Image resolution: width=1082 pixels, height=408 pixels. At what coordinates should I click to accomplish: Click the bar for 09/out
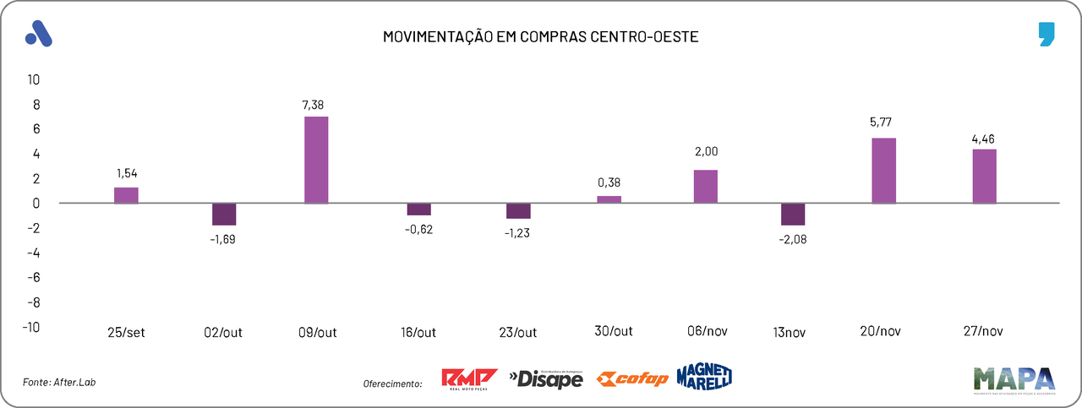coord(316,160)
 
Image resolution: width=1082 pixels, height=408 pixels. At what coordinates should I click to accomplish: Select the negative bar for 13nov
coord(793,215)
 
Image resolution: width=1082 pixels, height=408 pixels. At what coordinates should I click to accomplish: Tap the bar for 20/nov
coord(883,171)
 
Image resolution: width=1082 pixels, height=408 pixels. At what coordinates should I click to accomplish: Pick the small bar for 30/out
coord(609,199)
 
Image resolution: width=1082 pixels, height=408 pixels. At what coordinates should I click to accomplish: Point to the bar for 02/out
coord(224,215)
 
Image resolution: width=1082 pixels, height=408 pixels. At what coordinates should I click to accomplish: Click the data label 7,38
coord(313,105)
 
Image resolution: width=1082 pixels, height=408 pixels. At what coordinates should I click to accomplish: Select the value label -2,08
coord(794,239)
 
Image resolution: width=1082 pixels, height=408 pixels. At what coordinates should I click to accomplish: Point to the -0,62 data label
coord(418,229)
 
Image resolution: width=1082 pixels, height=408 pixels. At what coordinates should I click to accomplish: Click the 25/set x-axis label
coord(127,333)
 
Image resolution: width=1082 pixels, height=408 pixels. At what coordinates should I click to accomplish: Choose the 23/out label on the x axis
coord(517,333)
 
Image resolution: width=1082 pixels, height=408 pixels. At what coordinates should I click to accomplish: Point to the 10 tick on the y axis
coord(34,80)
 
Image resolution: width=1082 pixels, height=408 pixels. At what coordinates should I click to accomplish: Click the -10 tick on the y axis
coord(30,327)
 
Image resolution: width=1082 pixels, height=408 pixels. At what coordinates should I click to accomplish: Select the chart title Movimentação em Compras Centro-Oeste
coord(540,37)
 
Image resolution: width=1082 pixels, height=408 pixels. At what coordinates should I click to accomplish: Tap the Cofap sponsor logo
coord(632,379)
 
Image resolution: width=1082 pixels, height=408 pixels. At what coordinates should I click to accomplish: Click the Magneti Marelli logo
coord(704,378)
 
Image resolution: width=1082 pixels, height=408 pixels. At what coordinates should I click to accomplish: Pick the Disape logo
coord(546,380)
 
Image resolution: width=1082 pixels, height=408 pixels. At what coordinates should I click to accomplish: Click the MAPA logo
coord(1014,379)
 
